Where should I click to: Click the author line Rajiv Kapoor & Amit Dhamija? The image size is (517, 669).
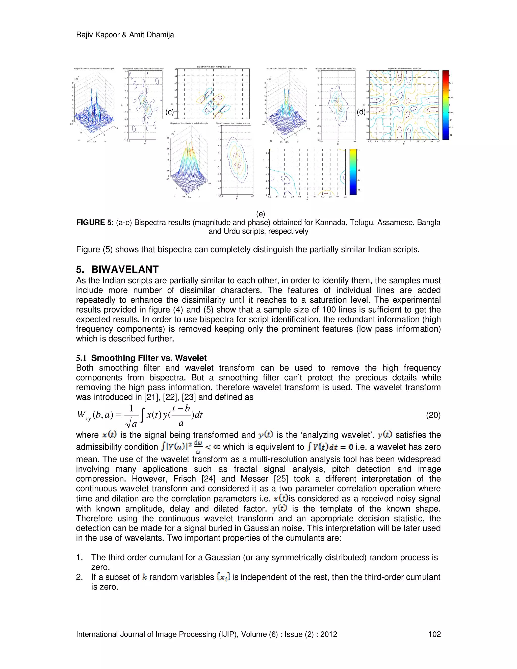[x=125, y=35]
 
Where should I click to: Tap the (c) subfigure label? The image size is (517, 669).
[x=169, y=112]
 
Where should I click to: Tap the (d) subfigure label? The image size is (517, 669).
[x=361, y=112]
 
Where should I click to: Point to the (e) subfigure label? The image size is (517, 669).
[x=261, y=214]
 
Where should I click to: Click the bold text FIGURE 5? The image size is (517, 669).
[x=95, y=223]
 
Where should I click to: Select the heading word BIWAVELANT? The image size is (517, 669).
[x=125, y=269]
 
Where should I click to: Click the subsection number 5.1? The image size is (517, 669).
[x=82, y=358]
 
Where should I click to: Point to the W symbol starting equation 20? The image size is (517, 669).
[x=82, y=415]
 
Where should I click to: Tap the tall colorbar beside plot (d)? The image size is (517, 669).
[x=445, y=105]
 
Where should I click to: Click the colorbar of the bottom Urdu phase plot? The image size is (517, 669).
[x=353, y=172]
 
